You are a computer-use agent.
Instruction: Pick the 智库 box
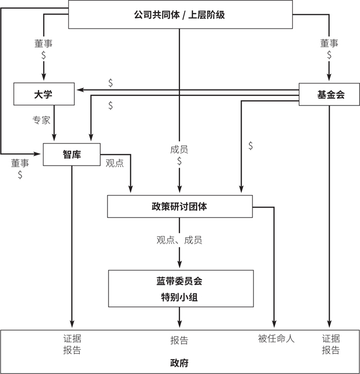[71, 154]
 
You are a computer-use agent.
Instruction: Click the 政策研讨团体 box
[179, 206]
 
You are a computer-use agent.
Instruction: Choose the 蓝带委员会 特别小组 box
[179, 289]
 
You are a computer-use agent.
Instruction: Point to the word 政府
[179, 363]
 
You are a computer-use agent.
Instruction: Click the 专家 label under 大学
[42, 120]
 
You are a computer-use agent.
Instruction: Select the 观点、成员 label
[179, 240]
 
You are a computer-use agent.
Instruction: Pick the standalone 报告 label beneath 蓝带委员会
[179, 340]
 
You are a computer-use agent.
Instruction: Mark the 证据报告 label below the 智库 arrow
[72, 345]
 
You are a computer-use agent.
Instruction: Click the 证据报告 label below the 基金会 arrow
[331, 345]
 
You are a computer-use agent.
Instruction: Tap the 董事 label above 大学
[43, 44]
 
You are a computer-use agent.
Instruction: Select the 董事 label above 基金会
[329, 44]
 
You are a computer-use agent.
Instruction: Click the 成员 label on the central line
[179, 150]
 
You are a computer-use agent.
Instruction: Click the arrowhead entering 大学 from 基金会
[80, 90]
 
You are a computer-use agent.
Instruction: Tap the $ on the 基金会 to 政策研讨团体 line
[250, 146]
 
